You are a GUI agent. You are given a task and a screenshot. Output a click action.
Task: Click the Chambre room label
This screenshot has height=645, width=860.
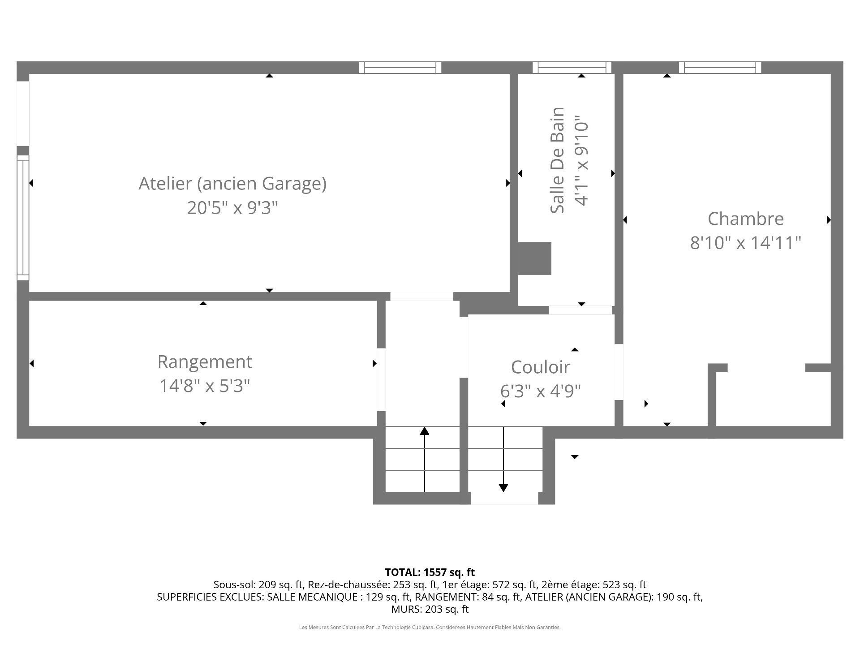coord(746,219)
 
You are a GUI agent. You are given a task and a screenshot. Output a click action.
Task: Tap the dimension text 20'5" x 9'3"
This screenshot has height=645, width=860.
coord(232,208)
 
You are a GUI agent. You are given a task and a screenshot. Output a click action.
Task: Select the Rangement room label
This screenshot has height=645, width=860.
coord(205,362)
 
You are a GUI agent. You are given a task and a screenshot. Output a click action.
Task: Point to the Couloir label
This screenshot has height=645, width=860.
coord(541,367)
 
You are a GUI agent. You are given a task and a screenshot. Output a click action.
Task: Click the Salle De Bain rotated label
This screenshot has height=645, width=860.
coord(557,160)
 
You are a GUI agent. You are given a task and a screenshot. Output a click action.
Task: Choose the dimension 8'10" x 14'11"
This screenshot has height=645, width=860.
coord(746,243)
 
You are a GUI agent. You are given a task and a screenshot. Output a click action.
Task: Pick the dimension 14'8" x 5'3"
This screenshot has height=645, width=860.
coord(205,386)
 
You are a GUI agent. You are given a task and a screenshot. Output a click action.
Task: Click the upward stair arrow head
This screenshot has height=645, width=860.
coord(425,431)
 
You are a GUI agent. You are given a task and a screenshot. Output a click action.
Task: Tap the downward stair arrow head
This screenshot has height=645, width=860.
coord(503,488)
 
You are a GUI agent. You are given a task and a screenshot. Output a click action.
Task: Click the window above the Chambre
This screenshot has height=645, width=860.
coord(720,68)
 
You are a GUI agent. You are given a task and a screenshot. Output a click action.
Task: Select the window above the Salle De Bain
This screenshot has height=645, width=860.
coord(572,68)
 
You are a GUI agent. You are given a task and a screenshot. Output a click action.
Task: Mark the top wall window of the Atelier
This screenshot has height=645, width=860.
coord(400,68)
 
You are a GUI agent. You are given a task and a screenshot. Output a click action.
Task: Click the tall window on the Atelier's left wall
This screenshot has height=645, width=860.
coord(23,218)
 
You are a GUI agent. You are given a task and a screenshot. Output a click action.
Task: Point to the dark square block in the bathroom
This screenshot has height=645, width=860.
coord(534,258)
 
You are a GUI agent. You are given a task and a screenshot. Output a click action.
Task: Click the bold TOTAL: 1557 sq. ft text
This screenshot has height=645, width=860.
coord(430,572)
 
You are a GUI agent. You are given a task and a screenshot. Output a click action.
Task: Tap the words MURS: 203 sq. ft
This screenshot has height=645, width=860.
coord(430,609)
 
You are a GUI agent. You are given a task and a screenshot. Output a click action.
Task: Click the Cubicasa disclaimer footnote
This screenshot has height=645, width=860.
coord(430,628)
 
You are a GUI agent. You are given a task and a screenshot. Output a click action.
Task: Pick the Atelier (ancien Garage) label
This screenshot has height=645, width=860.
coord(232,184)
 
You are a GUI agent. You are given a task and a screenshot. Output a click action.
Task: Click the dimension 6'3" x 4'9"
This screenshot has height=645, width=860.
coord(541,391)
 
